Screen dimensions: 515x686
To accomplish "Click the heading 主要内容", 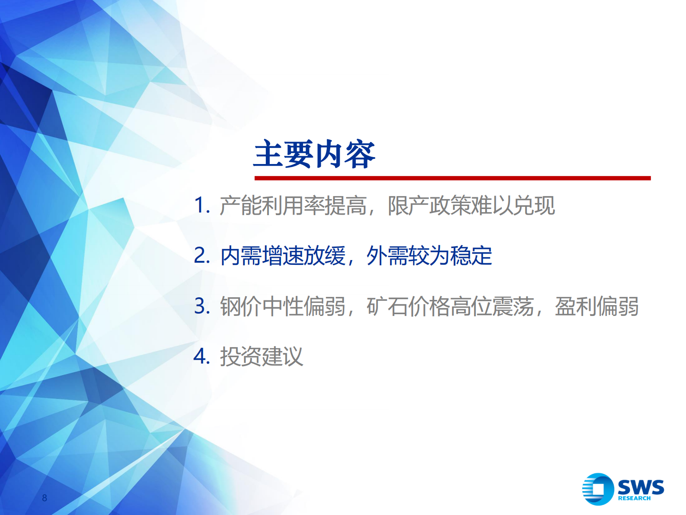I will click(314, 154).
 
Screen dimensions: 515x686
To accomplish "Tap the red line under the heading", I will click(452, 178).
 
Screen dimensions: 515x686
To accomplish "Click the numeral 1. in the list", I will click(201, 205).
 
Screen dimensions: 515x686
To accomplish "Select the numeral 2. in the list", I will click(201, 256).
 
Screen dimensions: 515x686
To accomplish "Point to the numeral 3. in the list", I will click(201, 306).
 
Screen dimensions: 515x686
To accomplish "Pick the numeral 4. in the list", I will click(201, 357).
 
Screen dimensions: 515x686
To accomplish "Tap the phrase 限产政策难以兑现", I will click(471, 206).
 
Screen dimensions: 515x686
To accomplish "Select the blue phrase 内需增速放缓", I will click(283, 256).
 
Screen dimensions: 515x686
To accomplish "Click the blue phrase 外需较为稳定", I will click(429, 256).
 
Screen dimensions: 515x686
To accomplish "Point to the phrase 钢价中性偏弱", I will click(283, 306).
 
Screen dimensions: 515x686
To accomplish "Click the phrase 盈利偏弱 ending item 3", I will click(597, 306).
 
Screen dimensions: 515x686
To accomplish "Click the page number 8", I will click(45, 498).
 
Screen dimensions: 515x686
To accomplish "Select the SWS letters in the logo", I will click(641, 487).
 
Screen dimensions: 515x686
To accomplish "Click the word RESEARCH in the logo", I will click(634, 499).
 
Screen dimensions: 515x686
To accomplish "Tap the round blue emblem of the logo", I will click(598, 489).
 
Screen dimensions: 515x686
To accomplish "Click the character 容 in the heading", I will click(360, 154).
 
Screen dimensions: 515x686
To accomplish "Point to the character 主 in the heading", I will click(269, 154).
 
